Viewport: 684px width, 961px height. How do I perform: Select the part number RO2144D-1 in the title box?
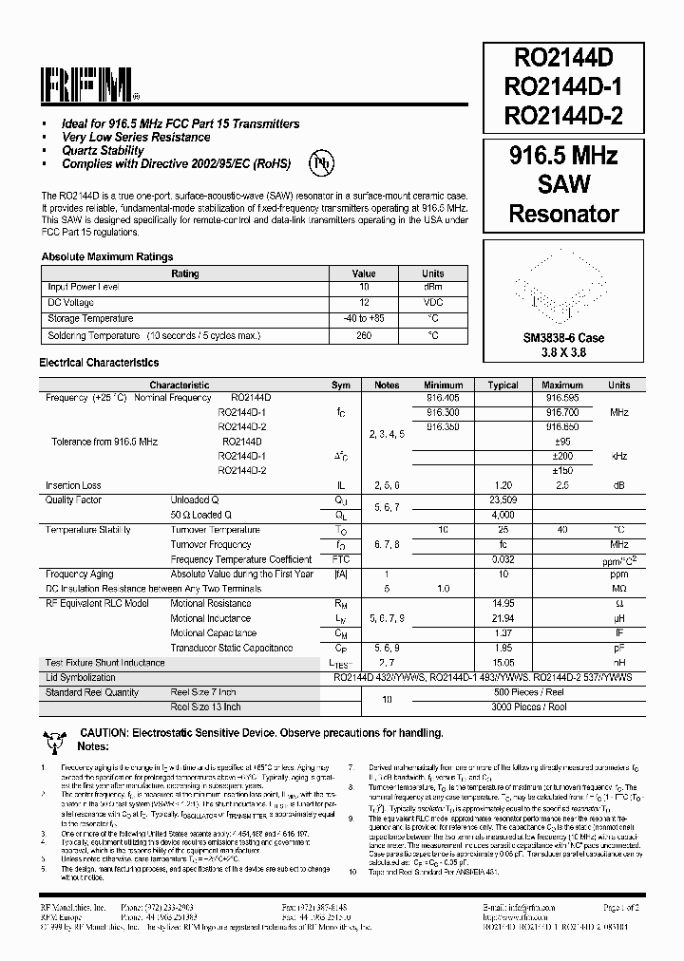563,88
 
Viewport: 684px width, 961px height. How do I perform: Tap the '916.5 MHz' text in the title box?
563,156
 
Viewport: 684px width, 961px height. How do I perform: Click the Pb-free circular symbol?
322,162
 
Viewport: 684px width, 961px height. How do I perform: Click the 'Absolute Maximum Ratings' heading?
106,256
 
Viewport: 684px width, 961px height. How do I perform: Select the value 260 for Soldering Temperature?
364,335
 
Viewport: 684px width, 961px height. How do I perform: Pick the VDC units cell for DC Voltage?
432,302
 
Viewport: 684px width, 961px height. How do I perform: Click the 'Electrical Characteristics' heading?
99,363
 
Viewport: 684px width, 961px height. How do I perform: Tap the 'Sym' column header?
340,386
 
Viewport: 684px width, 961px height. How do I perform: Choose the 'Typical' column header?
503,386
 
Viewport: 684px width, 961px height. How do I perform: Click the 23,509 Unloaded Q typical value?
503,499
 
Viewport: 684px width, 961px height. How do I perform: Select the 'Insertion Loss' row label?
73,485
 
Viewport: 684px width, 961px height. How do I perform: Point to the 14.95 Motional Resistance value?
503,603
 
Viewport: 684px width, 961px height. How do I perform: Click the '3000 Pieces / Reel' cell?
529,707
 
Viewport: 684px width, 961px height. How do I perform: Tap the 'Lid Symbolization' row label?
81,677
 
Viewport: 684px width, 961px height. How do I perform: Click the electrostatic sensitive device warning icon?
53,736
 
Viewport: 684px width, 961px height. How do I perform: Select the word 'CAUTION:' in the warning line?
107,733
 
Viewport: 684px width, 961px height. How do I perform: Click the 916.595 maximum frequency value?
562,398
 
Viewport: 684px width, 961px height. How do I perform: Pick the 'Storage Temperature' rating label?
90,319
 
